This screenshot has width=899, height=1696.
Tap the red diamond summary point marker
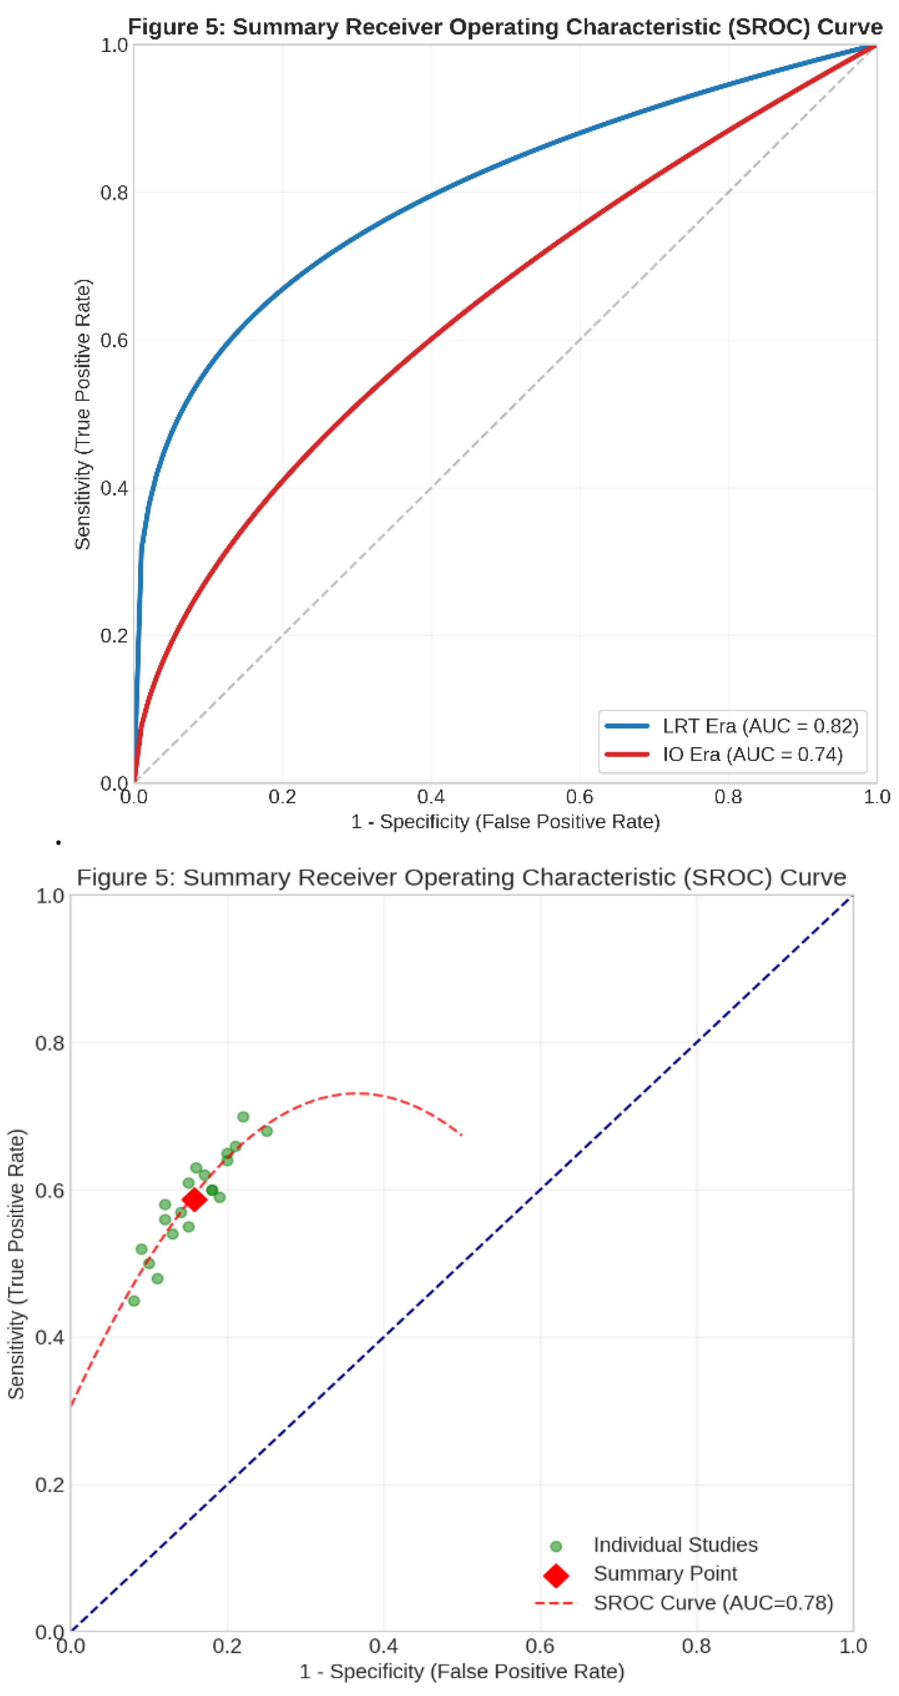click(x=194, y=1199)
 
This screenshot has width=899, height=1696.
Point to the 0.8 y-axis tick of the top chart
click(x=114, y=193)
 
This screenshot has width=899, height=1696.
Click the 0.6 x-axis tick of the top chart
click(x=579, y=797)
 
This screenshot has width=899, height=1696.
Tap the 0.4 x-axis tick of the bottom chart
click(x=383, y=1646)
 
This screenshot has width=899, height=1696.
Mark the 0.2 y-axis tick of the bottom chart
click(x=50, y=1485)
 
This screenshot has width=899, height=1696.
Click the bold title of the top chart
click(x=505, y=27)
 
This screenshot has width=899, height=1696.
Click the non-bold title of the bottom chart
click(x=461, y=877)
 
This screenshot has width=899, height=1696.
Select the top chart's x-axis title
click(x=505, y=822)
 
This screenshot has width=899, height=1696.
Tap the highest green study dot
click(x=243, y=1116)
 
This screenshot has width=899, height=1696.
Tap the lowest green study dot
click(x=134, y=1301)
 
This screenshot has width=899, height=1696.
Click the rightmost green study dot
click(x=267, y=1131)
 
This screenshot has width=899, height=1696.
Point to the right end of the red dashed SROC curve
click(x=461, y=1135)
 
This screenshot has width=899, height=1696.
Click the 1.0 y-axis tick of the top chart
click(x=114, y=45)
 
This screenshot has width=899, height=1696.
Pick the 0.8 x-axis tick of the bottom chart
click(x=696, y=1646)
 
